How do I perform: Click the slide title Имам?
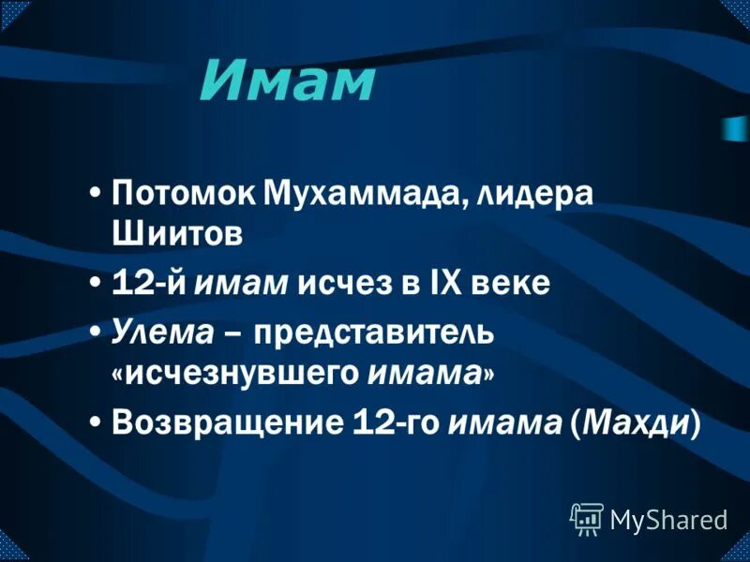pyautogui.click(x=287, y=82)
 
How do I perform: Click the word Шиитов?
pyautogui.click(x=177, y=234)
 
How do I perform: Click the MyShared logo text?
pyautogui.click(x=669, y=518)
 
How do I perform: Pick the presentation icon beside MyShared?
pyautogui.click(x=587, y=518)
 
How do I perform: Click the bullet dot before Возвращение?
pyautogui.click(x=97, y=421)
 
